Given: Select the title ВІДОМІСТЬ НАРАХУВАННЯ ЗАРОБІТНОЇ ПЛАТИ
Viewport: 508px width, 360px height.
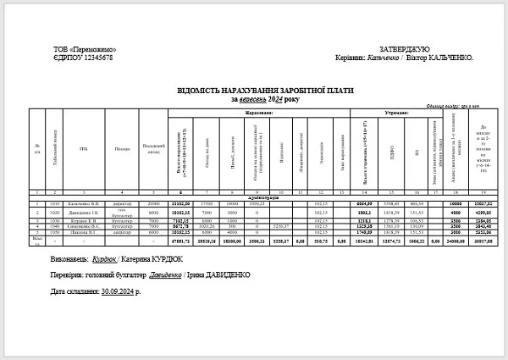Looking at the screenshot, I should point(265,91).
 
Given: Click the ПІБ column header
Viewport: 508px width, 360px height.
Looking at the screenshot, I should point(84,149).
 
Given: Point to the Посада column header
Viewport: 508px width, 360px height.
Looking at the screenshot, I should point(123,149).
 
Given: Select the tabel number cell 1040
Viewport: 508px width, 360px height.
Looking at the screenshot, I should point(55,226).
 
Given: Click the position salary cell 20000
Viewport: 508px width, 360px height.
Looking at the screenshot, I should point(153,204).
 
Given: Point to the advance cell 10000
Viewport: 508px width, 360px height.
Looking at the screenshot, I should point(455,204).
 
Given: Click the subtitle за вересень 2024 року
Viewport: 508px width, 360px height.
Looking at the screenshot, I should point(265,99).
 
